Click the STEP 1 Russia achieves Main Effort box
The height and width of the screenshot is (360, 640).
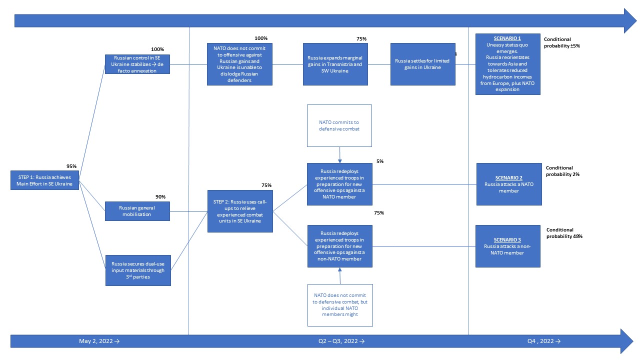coord(44,180)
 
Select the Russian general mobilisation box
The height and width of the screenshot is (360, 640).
coord(137,211)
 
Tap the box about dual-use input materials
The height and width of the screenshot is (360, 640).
coord(138,270)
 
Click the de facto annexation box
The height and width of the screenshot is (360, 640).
coord(137,64)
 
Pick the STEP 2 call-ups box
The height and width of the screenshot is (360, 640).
coord(240,211)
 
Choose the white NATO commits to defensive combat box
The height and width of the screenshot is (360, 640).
coord(339,125)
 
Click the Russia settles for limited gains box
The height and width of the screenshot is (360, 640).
coord(423,64)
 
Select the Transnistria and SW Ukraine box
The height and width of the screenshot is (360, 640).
coord(335,64)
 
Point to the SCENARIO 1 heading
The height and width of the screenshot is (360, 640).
coord(507,38)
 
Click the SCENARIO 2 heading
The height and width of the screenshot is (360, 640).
coord(509,177)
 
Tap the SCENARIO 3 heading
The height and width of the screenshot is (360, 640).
coord(507,239)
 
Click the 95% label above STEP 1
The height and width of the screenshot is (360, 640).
coord(71,166)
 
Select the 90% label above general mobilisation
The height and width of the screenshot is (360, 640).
coord(160,196)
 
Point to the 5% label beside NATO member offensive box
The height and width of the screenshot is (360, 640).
coord(380,161)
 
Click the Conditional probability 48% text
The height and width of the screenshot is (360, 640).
coord(564,233)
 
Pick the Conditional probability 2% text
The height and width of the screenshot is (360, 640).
coord(562,171)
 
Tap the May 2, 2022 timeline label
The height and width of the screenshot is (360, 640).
coord(99,341)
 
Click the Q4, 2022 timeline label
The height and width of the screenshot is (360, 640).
coord(544,341)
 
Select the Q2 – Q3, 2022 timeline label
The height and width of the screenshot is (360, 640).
coord(341,341)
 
